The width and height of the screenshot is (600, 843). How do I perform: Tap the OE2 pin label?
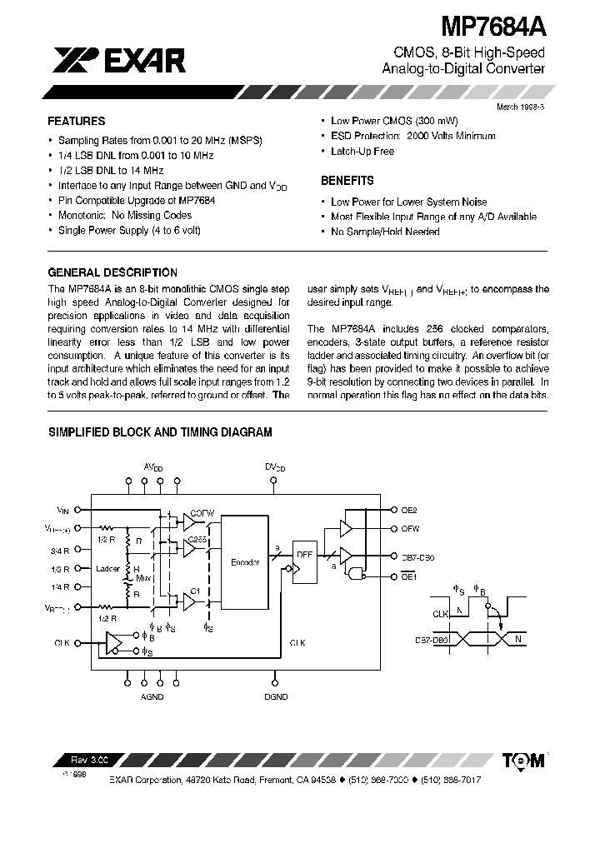tap(409, 509)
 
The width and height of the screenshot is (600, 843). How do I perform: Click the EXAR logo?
tap(121, 59)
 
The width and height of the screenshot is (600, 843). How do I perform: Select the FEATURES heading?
tap(76, 121)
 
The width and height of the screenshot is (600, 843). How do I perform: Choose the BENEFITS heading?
tap(347, 180)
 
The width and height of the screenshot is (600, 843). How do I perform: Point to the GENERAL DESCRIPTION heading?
tap(112, 272)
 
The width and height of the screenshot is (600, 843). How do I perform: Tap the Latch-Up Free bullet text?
tap(362, 151)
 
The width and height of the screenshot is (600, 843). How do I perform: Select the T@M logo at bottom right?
tap(523, 760)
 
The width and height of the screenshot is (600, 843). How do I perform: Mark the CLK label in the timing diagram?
tap(440, 613)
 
